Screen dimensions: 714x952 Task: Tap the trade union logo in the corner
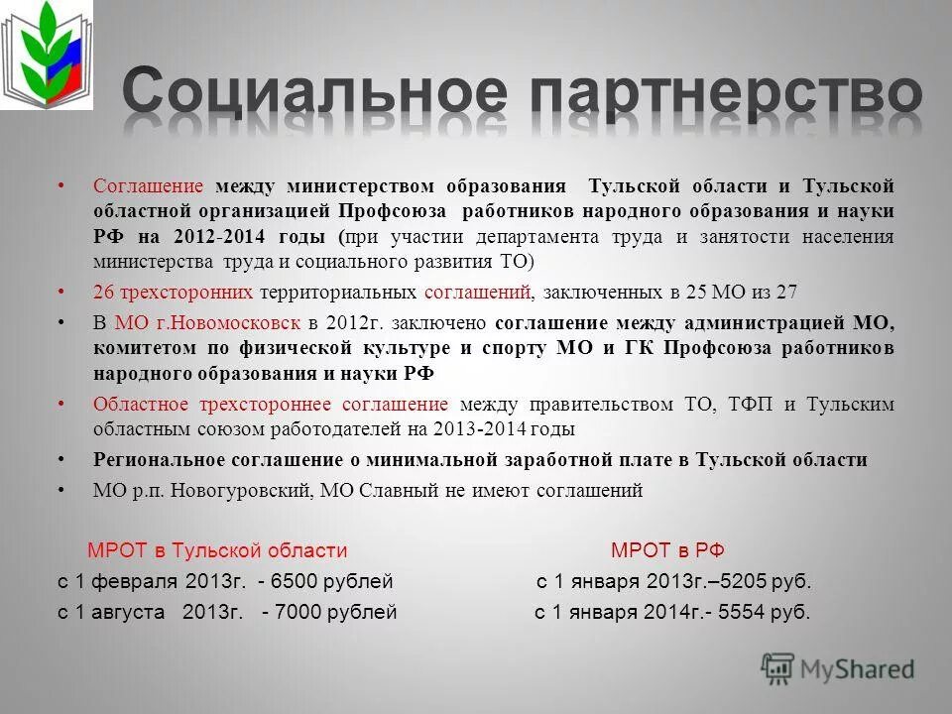[x=46, y=55]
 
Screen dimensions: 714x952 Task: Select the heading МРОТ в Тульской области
[x=217, y=551]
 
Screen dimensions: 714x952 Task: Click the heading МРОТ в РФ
[x=674, y=551]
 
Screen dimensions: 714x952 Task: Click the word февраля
[x=141, y=582]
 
